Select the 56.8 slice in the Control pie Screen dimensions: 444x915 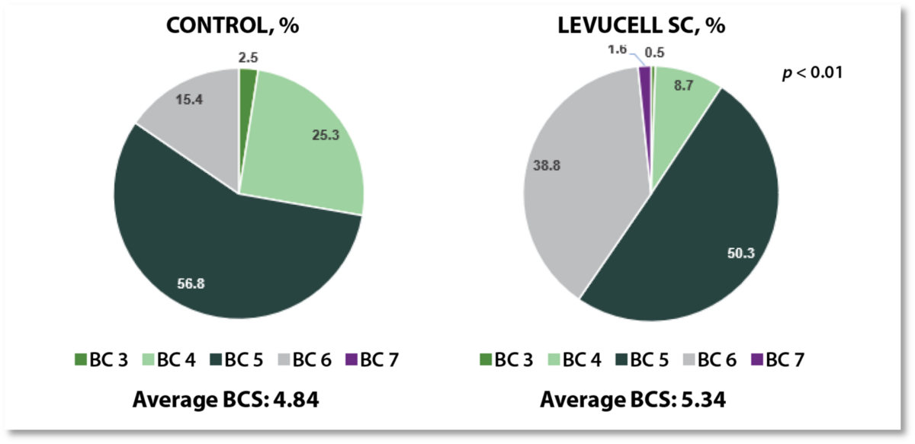coord(221,259)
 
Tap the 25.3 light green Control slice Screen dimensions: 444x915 coord(305,145)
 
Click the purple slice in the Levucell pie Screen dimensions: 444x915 coord(645,73)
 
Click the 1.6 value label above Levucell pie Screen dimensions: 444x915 coord(617,50)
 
